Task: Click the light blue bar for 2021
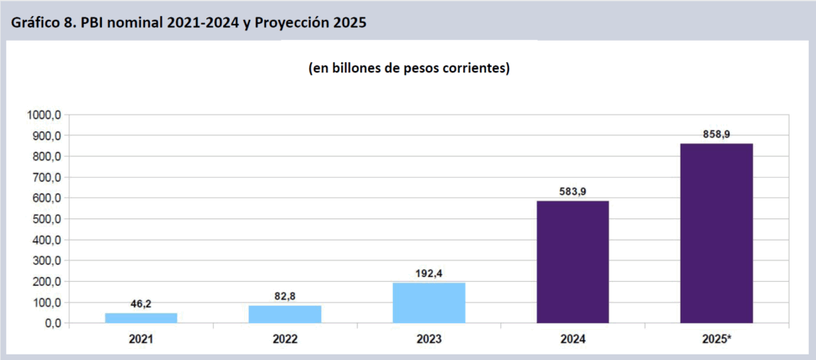141,318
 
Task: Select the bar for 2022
284,314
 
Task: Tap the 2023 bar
429,303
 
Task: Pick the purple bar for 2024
572,262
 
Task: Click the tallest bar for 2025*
716,233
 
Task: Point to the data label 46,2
141,303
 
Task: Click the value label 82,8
284,295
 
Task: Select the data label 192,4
429,273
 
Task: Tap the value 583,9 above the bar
572,191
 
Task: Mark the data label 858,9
716,135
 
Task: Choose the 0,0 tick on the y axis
53,323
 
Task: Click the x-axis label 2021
141,338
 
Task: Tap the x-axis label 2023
429,338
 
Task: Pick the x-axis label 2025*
716,338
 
